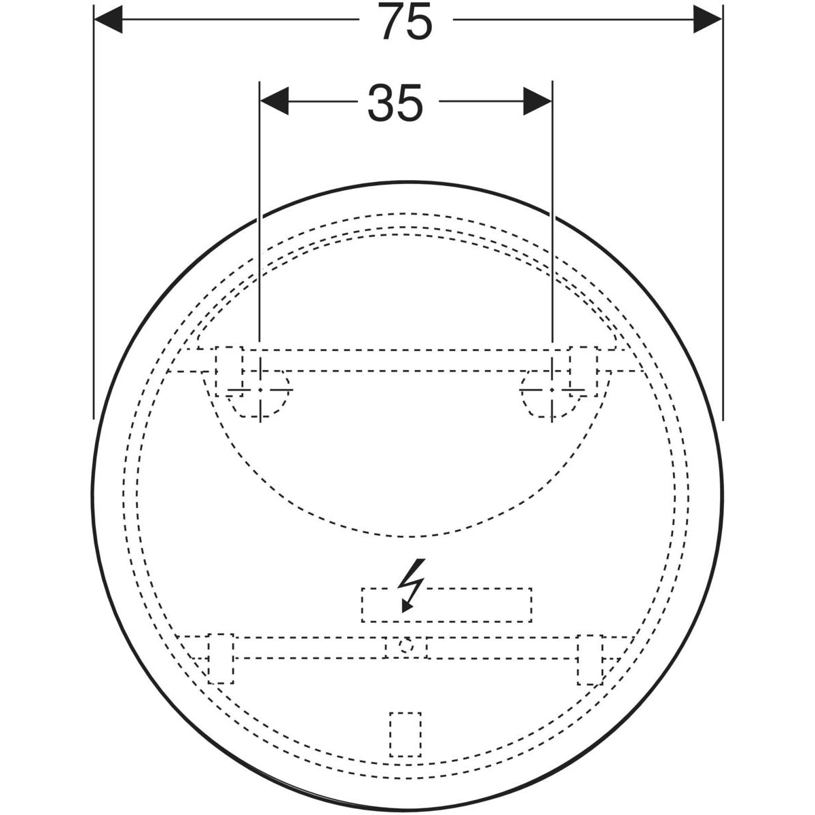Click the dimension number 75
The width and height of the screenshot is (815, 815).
click(406, 22)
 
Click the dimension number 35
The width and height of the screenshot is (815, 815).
click(395, 104)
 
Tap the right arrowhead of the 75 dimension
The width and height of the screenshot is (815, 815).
click(708, 19)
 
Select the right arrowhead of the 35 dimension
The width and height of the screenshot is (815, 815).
click(537, 102)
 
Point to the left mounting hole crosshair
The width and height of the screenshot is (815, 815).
click(260, 390)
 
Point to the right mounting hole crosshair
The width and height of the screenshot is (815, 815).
click(553, 390)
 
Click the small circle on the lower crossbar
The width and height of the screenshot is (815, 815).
click(405, 646)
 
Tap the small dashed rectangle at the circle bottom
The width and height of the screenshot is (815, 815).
click(405, 734)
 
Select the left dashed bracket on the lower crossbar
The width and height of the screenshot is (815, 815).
click(221, 658)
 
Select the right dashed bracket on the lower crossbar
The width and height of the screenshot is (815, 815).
click(590, 659)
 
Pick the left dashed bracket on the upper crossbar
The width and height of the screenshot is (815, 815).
click(230, 372)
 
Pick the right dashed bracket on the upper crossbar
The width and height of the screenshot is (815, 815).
click(583, 372)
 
